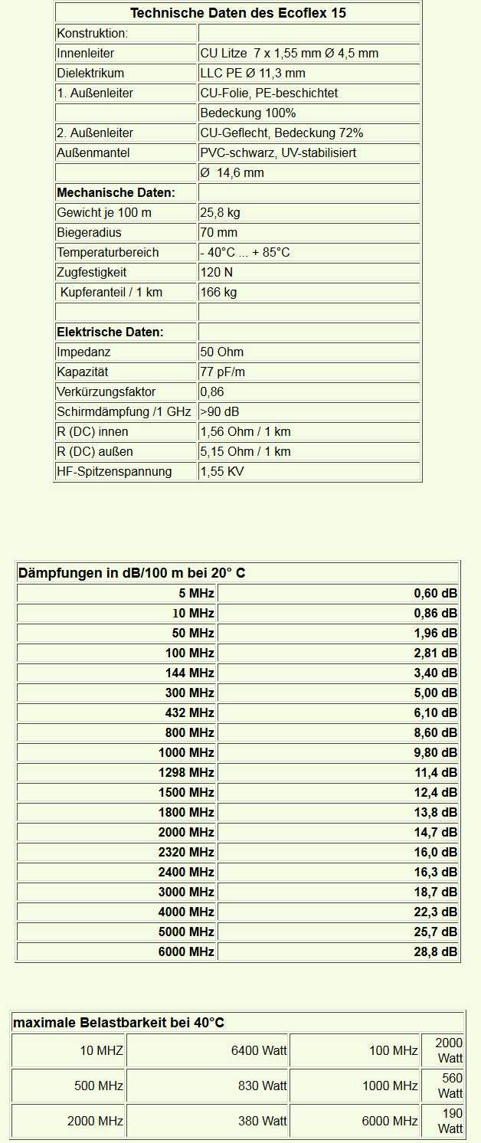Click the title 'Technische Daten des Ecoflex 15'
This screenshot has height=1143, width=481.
coord(237,13)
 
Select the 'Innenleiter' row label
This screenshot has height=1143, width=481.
coord(86,54)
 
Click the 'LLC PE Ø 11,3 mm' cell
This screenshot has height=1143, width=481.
coord(253,74)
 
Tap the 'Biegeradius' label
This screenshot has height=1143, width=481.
coord(89,232)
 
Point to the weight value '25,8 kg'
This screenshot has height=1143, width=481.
coord(220,212)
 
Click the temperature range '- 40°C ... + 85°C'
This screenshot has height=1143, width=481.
coord(245,252)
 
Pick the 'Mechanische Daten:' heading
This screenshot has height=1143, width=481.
coord(116,192)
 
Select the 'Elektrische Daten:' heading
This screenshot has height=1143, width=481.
coord(110,332)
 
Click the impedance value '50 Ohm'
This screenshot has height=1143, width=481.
coord(221,352)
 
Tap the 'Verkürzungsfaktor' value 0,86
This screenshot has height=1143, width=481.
coord(212,391)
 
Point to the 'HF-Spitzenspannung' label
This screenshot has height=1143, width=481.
coord(114,471)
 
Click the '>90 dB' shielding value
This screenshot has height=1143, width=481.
coord(220,411)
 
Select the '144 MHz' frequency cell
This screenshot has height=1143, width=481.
coord(190,673)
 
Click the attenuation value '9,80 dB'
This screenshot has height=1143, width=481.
coord(435,752)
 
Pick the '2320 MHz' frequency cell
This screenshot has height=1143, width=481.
coord(186,852)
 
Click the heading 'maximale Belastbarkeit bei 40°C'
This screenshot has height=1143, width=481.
coord(119,1023)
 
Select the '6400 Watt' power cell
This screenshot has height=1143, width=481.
coord(259,1050)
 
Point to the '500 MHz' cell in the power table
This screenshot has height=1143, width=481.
coord(99,1086)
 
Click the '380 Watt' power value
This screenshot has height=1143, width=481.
coord(263,1121)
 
